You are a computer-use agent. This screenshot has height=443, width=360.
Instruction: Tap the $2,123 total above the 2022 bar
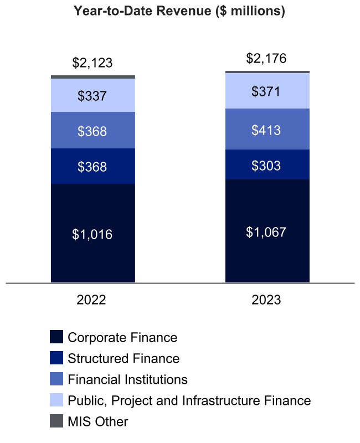(92, 63)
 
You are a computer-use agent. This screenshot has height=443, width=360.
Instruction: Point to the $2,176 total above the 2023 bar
(266, 58)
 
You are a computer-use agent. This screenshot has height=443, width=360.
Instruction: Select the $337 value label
(92, 96)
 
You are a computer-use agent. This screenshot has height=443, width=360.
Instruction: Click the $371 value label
(266, 91)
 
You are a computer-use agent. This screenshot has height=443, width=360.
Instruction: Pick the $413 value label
(266, 131)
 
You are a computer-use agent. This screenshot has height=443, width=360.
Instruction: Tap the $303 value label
(266, 166)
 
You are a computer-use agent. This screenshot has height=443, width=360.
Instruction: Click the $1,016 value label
(92, 234)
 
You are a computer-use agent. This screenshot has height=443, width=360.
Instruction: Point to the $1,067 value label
(266, 232)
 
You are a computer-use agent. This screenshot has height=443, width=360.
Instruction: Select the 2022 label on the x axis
(91, 301)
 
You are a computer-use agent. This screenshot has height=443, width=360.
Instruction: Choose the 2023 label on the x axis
(266, 301)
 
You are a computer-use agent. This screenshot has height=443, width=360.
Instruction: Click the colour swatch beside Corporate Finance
(56, 337)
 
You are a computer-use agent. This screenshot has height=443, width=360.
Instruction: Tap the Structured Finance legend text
(124, 358)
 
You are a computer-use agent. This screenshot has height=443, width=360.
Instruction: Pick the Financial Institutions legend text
(127, 379)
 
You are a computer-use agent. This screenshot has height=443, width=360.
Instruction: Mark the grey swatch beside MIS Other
(56, 421)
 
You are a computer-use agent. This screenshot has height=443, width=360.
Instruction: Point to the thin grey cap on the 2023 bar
(266, 72)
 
